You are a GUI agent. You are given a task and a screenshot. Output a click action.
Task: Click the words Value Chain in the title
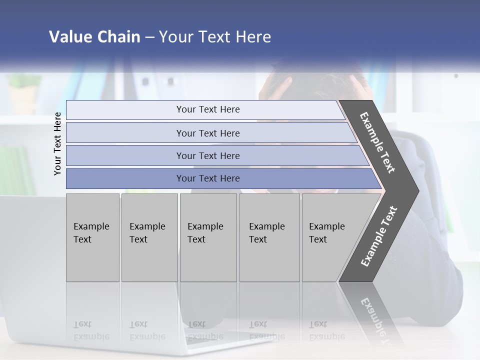(x=94, y=37)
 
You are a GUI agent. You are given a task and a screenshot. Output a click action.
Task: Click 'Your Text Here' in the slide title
(x=215, y=37)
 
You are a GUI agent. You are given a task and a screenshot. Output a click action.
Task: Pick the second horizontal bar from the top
(x=208, y=133)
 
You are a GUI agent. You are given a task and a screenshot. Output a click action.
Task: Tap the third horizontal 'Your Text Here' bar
(x=208, y=155)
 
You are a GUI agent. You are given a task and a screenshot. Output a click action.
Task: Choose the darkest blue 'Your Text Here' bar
(x=208, y=178)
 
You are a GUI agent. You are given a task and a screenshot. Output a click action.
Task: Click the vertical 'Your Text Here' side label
(x=57, y=143)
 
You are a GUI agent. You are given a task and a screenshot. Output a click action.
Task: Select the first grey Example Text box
(x=92, y=237)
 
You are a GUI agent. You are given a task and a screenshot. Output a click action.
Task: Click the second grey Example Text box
(x=149, y=237)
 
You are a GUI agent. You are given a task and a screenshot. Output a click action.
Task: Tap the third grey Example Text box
(x=208, y=237)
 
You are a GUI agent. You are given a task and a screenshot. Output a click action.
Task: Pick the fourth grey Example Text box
(x=269, y=237)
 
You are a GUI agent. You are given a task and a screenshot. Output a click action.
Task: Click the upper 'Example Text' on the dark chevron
(x=377, y=142)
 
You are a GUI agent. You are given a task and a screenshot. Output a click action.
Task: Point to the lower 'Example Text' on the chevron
(x=378, y=236)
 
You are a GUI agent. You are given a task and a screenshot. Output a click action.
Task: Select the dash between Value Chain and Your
(x=149, y=37)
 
